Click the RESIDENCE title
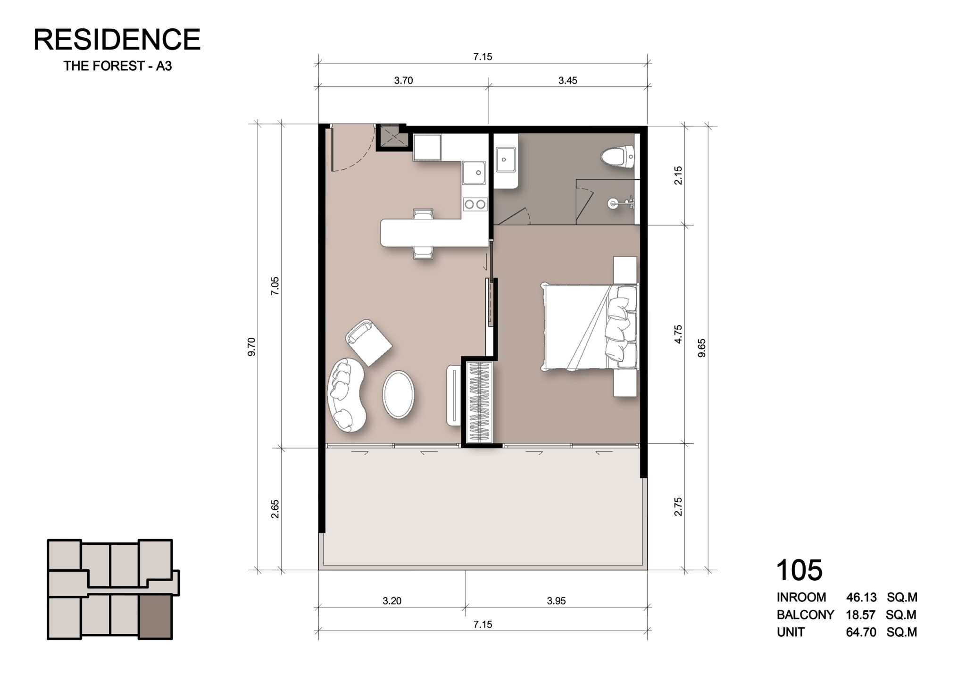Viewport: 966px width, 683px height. (x=117, y=39)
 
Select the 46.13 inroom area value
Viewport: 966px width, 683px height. (x=861, y=597)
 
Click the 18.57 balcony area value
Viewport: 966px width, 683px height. (x=861, y=615)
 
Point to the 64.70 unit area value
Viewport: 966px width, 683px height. (x=861, y=632)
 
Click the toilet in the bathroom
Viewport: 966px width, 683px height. (x=618, y=156)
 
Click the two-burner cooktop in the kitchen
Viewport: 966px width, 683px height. (x=475, y=204)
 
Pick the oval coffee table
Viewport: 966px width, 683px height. (x=399, y=394)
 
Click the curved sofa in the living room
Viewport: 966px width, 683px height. (x=346, y=395)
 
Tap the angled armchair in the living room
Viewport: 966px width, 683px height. (x=368, y=342)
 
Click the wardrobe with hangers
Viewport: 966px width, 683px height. (x=479, y=402)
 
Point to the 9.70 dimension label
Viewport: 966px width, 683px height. (x=251, y=347)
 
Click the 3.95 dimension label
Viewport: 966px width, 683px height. (x=556, y=601)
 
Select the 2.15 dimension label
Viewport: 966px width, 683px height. (x=678, y=175)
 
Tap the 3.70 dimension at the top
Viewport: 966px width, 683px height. (x=403, y=81)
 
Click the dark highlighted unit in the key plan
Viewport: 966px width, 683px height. (x=155, y=617)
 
